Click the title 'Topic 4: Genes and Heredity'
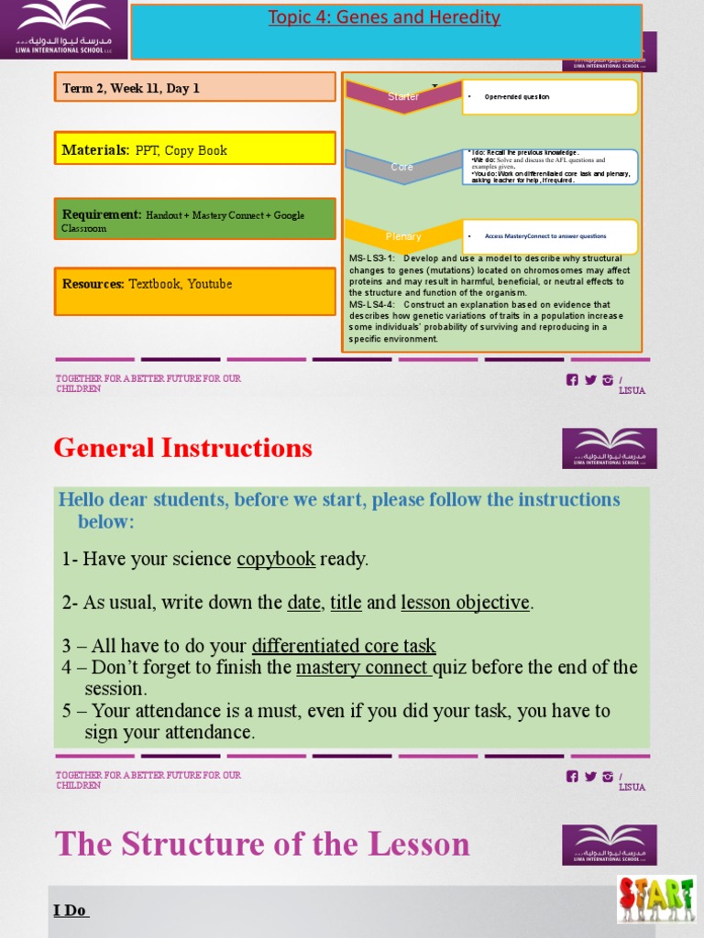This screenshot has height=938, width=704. (384, 17)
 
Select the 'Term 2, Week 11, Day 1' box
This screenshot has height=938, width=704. (194, 88)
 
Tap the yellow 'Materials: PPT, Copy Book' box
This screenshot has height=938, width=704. (194, 149)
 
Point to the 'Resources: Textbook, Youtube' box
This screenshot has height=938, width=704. (194, 290)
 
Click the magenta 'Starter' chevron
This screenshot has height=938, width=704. (403, 96)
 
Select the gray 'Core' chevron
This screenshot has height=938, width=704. (402, 167)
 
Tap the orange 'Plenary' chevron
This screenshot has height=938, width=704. (403, 236)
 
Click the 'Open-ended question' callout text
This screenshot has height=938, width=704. (517, 96)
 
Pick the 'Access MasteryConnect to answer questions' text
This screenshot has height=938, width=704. (545, 235)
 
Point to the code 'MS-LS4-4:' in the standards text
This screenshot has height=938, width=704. (372, 304)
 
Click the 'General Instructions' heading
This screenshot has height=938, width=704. (182, 448)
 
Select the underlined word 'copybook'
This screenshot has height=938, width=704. (276, 559)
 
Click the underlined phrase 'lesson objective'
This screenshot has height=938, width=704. (465, 603)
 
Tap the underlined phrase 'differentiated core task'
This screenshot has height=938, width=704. (344, 646)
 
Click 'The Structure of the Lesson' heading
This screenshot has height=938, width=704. (262, 844)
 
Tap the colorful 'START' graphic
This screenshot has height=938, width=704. (655, 899)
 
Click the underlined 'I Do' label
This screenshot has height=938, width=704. (71, 910)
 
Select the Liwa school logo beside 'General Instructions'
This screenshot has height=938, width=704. (609, 448)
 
